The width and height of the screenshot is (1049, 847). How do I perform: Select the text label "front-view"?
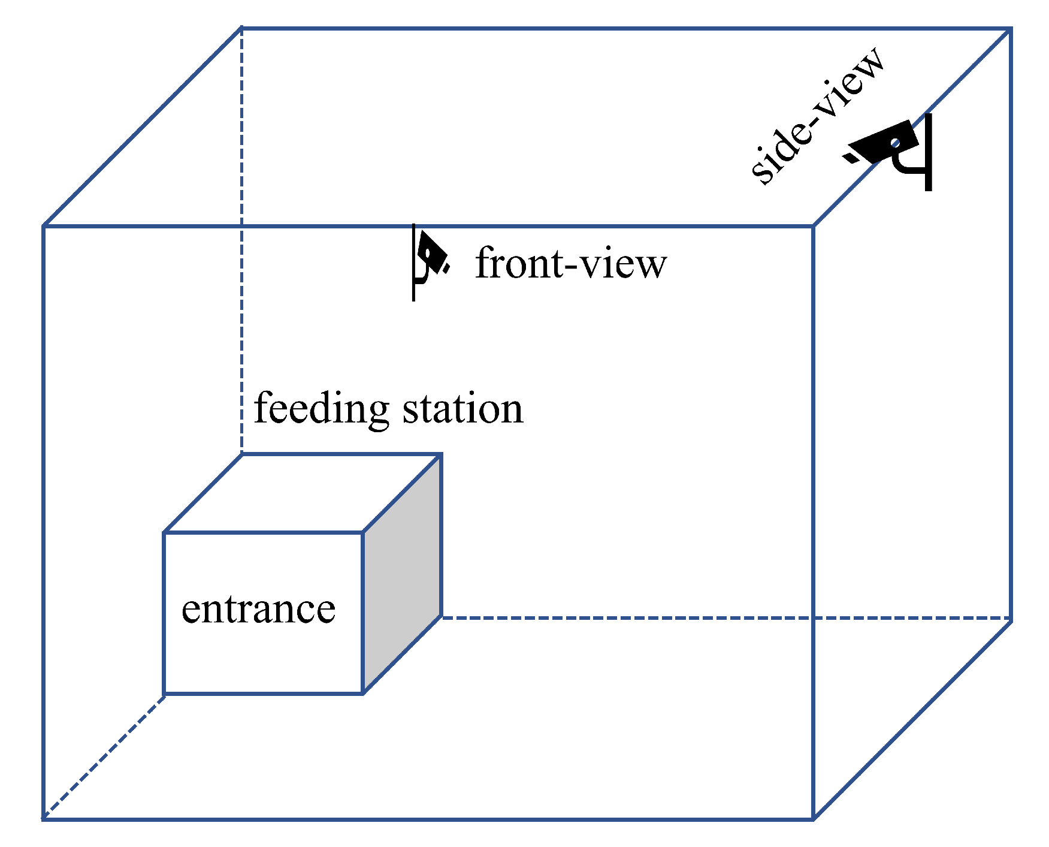pyautogui.click(x=570, y=263)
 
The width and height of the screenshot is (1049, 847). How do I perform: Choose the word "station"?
pyautogui.click(x=462, y=409)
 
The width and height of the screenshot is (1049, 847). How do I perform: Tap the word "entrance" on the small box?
pyautogui.click(x=258, y=610)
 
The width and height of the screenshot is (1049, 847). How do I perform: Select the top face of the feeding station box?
pyautogui.click(x=303, y=493)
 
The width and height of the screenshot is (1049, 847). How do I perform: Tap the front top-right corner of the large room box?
pyautogui.click(x=813, y=227)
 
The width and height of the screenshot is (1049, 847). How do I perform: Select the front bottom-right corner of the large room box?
pyautogui.click(x=813, y=818)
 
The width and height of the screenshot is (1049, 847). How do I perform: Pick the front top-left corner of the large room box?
pyautogui.click(x=44, y=227)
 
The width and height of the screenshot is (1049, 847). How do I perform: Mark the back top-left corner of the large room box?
pyautogui.click(x=241, y=28)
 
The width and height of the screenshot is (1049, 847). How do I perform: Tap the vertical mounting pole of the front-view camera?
pyautogui.click(x=413, y=264)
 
